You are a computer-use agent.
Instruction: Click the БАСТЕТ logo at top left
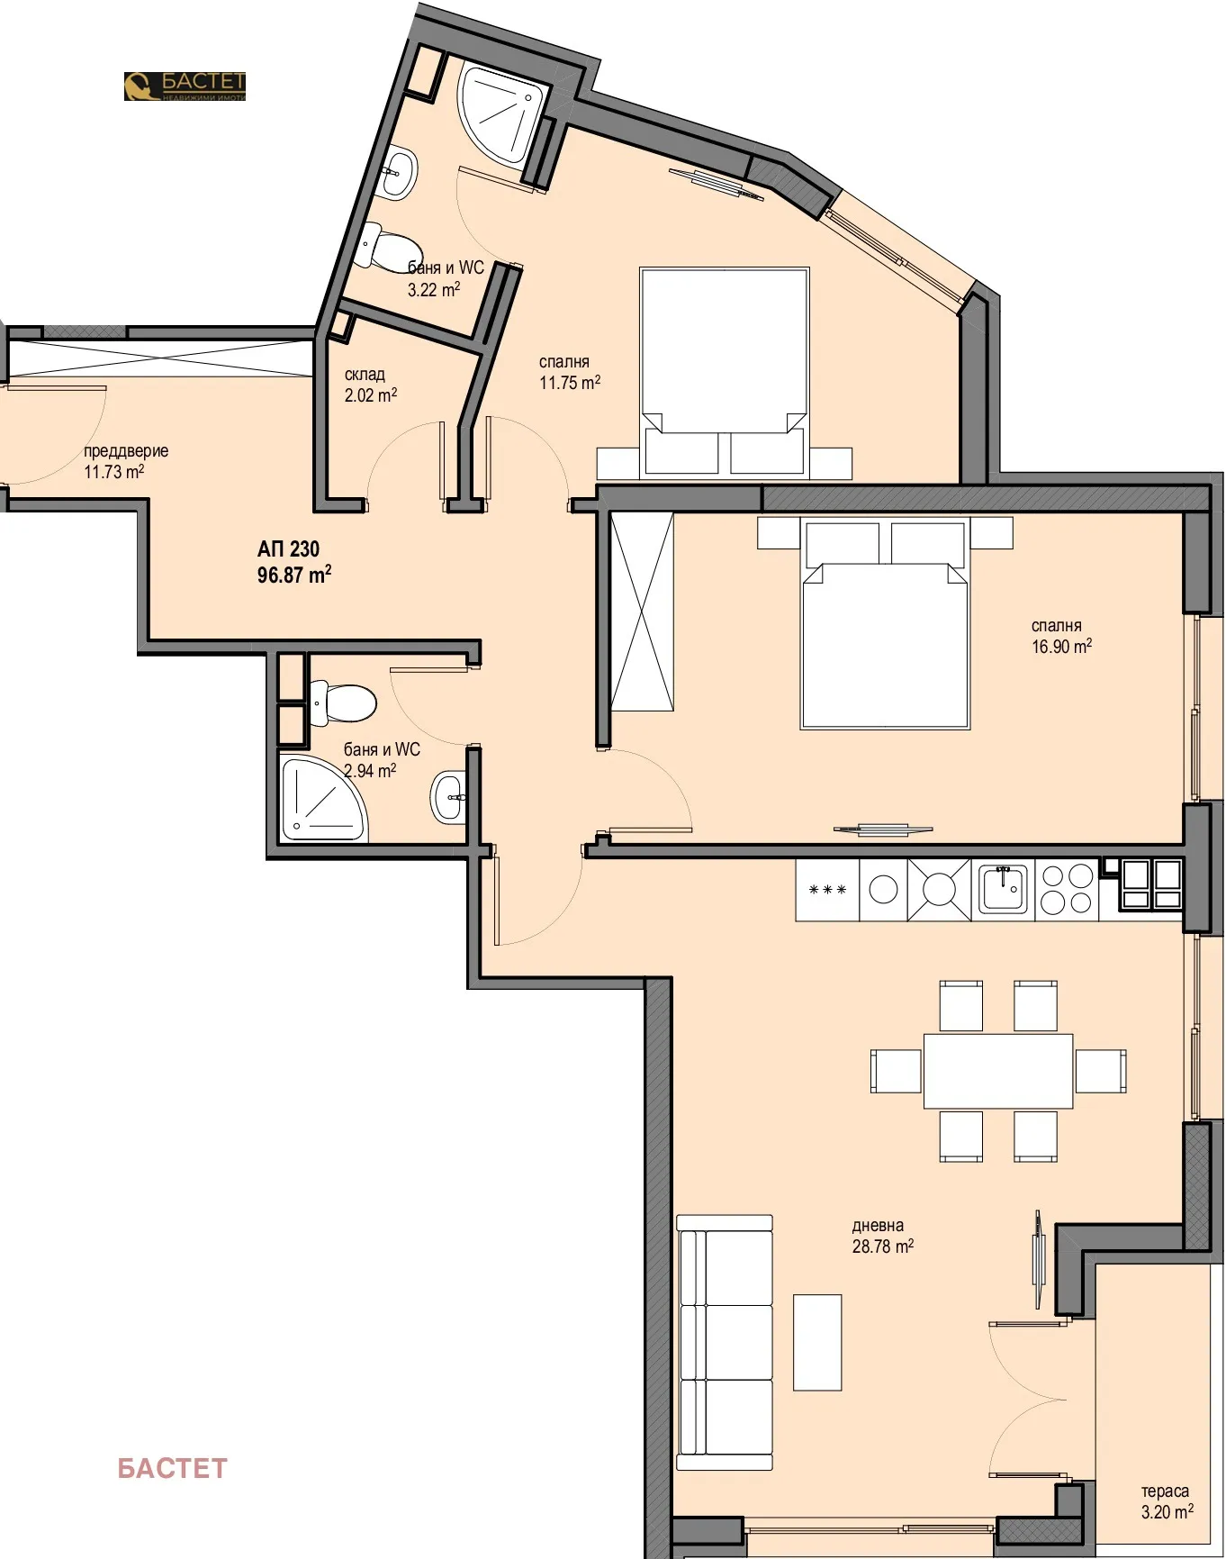click(x=185, y=86)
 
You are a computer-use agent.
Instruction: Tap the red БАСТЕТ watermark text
click(x=172, y=1468)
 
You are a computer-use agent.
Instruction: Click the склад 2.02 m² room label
click(x=370, y=385)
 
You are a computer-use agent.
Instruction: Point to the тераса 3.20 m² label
click(x=1167, y=1501)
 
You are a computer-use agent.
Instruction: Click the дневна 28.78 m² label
click(x=882, y=1236)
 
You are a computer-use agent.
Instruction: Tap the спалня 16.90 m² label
click(x=1061, y=635)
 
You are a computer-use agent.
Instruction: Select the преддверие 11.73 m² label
click(x=125, y=460)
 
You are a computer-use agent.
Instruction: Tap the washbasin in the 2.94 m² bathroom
click(x=448, y=796)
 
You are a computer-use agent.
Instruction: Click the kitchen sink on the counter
click(x=1003, y=889)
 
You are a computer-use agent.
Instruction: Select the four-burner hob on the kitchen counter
click(x=1066, y=889)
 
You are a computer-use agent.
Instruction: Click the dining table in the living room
click(x=997, y=1070)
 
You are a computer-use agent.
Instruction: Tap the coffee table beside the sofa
click(x=816, y=1342)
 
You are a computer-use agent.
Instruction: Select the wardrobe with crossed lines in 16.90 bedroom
click(x=641, y=612)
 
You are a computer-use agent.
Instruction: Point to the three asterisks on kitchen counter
click(x=827, y=890)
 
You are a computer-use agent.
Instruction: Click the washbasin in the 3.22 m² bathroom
click(x=398, y=173)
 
